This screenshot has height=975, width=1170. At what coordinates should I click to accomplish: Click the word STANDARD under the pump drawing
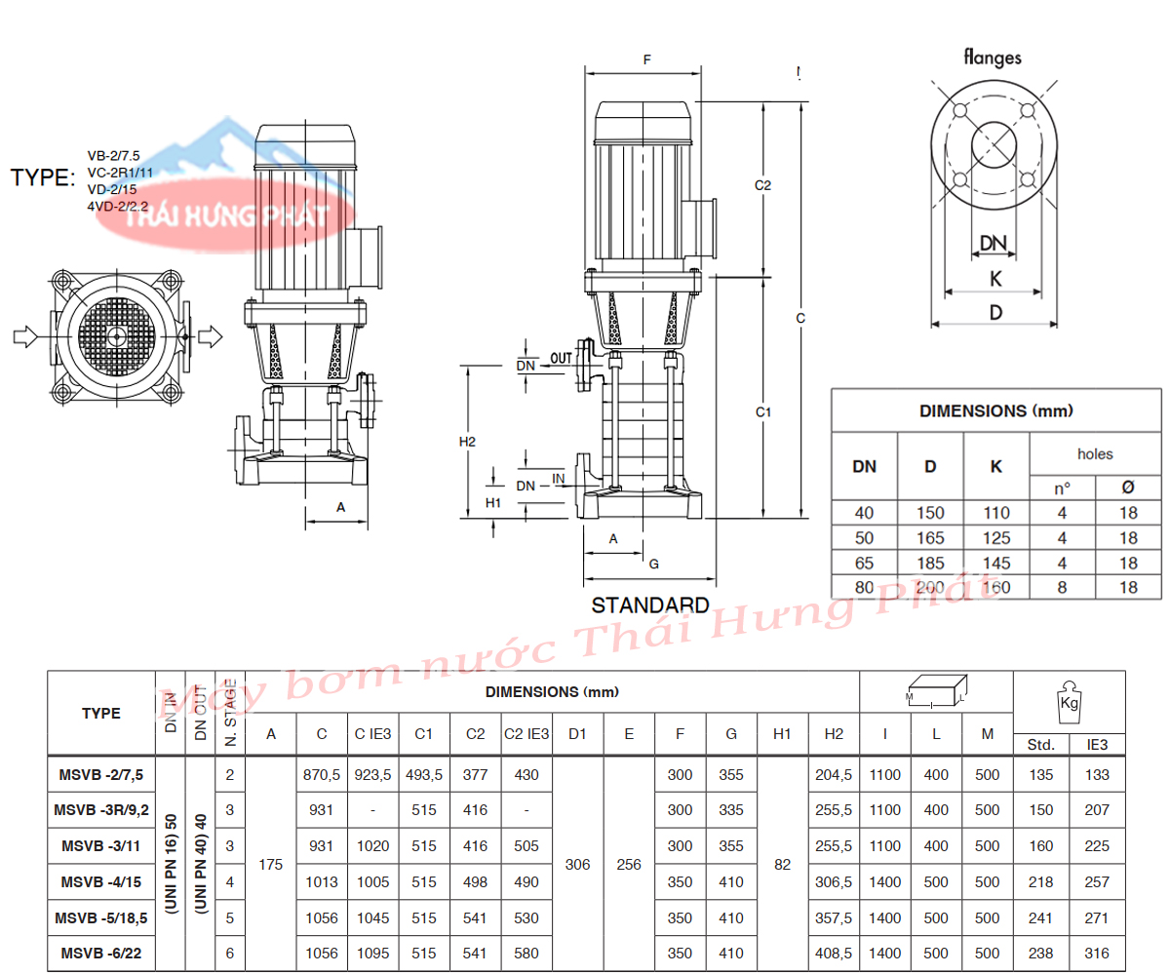click(650, 605)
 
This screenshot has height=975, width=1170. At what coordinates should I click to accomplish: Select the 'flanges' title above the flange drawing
click(993, 58)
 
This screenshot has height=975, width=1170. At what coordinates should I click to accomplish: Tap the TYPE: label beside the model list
click(43, 177)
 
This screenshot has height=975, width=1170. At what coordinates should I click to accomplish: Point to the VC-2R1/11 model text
click(120, 173)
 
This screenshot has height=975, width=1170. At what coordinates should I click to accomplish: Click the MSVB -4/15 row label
click(100, 882)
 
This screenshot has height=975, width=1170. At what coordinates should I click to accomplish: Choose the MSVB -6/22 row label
click(100, 954)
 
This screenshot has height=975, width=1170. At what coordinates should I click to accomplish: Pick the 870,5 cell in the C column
click(322, 775)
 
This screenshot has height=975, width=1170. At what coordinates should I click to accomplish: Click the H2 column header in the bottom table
click(834, 734)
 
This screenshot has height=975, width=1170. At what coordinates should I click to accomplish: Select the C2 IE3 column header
click(526, 734)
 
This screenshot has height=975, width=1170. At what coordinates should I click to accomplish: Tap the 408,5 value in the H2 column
click(834, 954)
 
